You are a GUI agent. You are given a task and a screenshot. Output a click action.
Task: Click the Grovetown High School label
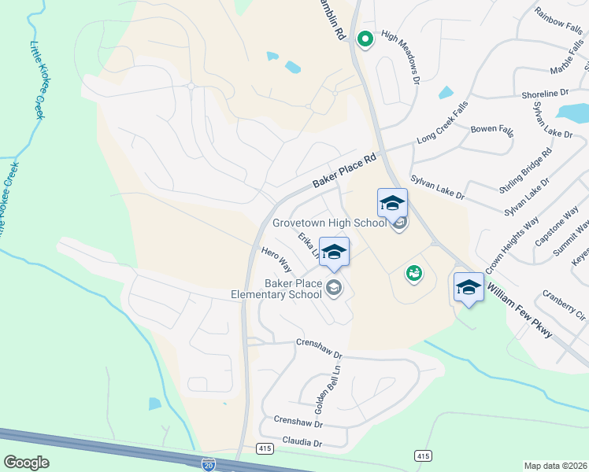[329, 223]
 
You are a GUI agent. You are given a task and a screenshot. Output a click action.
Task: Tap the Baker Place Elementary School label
[276, 288]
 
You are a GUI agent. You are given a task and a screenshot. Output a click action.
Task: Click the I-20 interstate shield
[208, 465]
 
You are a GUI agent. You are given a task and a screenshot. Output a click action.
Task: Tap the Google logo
[26, 463]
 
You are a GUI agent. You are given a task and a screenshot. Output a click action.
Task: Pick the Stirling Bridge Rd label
[525, 170]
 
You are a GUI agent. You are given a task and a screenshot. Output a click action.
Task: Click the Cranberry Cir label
[564, 305]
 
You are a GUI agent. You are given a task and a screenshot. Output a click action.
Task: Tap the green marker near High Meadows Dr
[365, 37]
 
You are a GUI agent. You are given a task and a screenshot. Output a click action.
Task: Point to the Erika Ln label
[308, 245]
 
